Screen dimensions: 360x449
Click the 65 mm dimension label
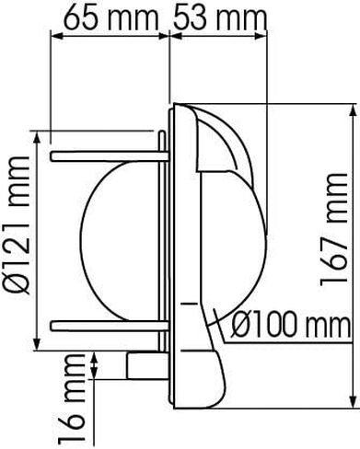pyautogui.click(x=110, y=17)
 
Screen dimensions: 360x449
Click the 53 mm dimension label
pyautogui.click(x=220, y=17)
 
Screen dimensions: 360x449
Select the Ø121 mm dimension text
pyautogui.click(x=19, y=225)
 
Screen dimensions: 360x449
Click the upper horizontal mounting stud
pyautogui.click(x=110, y=156)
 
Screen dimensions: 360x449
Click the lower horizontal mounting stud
pyautogui.click(x=110, y=326)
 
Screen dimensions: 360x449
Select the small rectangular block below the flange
pyautogui.click(x=147, y=366)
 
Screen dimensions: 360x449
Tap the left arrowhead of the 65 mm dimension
pyautogui.click(x=56, y=36)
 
